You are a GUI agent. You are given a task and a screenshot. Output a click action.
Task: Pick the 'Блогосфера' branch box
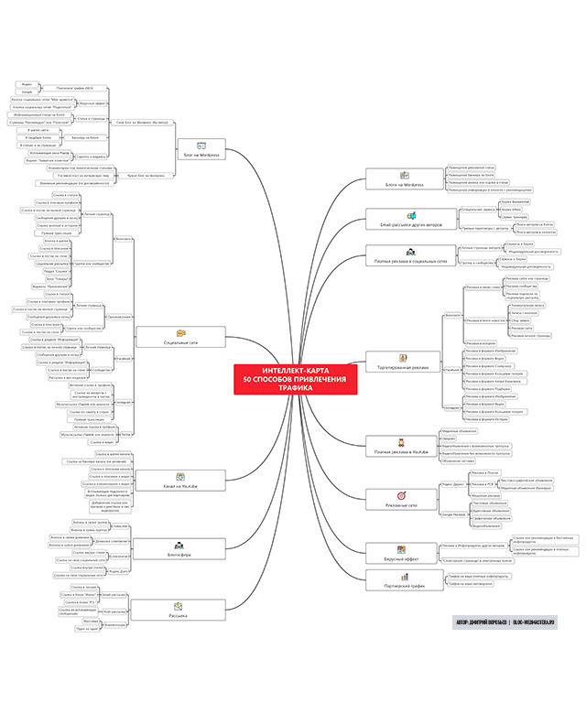[181, 546]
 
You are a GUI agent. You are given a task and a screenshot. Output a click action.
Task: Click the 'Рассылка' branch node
[181, 609]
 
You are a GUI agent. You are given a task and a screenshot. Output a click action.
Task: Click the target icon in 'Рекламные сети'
[402, 495]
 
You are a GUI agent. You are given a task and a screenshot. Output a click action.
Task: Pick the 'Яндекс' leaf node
[27, 85]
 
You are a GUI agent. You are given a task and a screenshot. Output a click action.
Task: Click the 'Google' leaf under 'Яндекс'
[27, 92]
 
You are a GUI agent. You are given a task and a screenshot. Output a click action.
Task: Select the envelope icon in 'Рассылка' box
[181, 604]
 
